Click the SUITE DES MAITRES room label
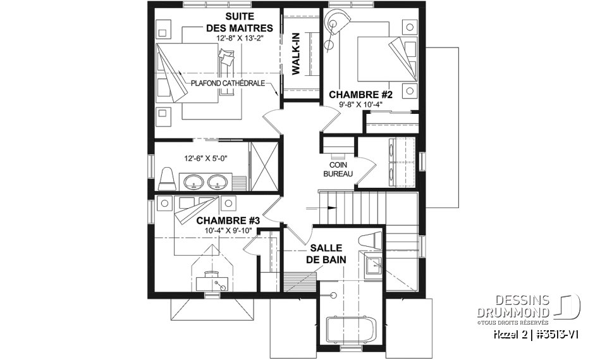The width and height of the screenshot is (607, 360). [x=240, y=22]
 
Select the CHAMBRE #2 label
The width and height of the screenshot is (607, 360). [x=360, y=95]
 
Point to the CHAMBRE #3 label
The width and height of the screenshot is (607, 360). [x=228, y=220]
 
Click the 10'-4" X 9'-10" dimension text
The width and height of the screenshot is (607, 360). [x=228, y=230]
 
